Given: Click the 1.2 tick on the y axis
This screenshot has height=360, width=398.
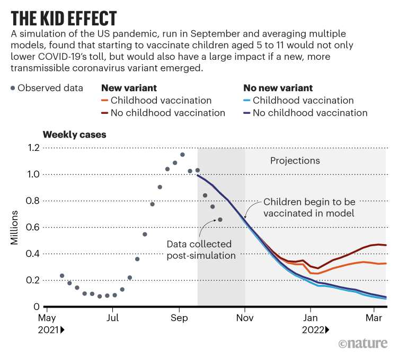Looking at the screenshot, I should tap(33, 148).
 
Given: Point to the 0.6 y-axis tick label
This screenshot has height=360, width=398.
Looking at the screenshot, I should tap(33, 227).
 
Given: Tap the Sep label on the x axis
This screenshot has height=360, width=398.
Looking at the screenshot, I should tap(179, 318).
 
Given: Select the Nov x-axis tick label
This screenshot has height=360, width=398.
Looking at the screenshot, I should tap(245, 318).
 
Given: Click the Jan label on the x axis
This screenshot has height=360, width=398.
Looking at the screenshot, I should tap(311, 318).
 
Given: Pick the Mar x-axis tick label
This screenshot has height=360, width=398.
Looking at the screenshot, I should tap(374, 318).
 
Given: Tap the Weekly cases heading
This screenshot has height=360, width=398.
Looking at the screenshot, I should tap(74, 134).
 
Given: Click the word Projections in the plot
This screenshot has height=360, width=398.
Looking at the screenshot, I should tap(295, 160).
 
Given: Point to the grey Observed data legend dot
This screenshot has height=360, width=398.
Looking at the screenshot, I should tap(12, 88).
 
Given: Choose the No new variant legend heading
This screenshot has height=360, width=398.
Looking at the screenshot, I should tap(278, 88).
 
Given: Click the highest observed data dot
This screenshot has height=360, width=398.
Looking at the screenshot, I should tap(182, 155).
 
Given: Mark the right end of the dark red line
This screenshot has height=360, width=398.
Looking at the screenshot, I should tap(385, 245).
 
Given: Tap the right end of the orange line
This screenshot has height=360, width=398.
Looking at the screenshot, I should tap(385, 263).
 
